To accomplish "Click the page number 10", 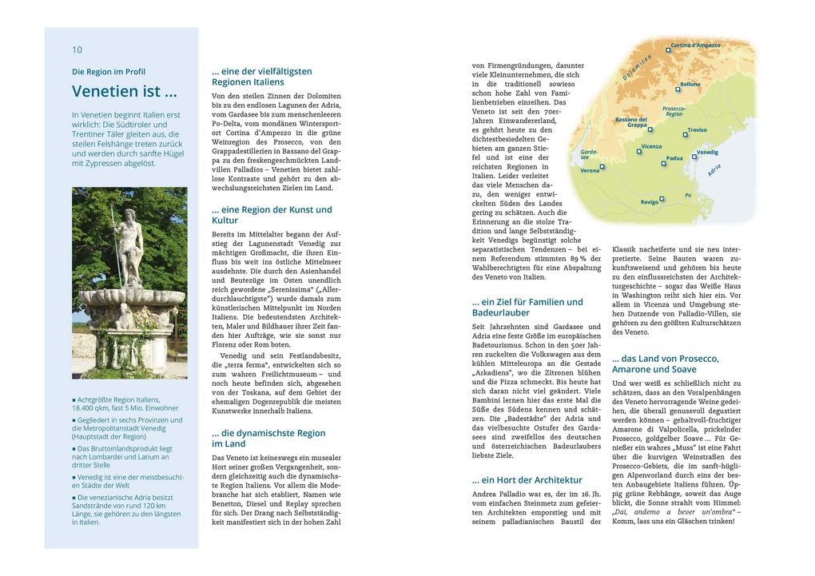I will coord(77,50).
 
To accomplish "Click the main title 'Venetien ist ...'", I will coord(125,91).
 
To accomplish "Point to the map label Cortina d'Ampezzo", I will coord(695,46).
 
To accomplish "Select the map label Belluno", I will coord(690,84).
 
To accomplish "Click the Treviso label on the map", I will coord(697,129).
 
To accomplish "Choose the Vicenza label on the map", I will coord(651,147).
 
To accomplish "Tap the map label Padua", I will coord(674,158).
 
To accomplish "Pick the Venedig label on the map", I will coord(707,152).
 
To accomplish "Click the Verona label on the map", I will coord(590,170).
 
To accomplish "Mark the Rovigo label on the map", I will coord(649,202).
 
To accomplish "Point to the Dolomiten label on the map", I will coord(638,67).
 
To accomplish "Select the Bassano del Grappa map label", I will coord(632,122).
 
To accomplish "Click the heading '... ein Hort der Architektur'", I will coord(527,480).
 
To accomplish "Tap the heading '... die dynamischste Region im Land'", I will coord(268,439).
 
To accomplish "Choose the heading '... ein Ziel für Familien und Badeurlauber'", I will coord(527,308).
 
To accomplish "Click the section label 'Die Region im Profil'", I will coord(109,72).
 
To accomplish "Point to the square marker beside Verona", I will coord(602,167).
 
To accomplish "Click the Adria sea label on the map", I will coord(714,169).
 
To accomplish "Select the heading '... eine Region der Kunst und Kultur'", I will coord(272,215).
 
